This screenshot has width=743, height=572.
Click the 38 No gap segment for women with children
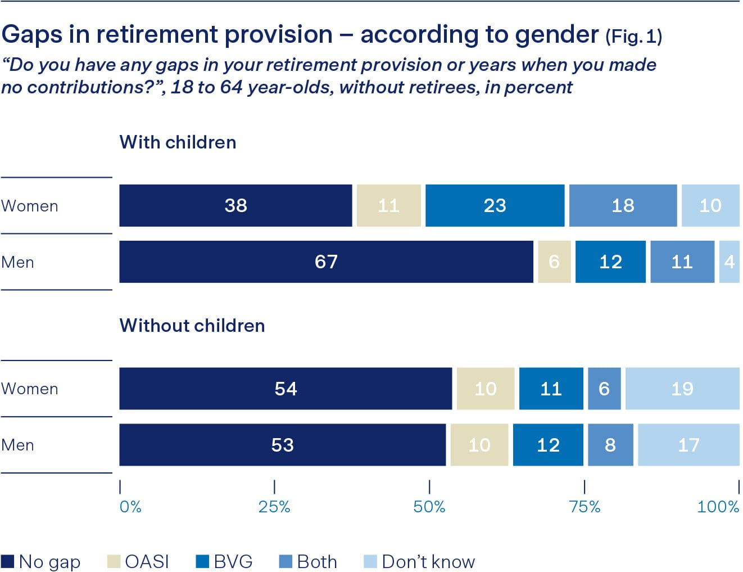point(235,206)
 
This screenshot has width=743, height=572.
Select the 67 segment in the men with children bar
point(326,262)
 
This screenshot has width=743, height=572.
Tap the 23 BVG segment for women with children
point(495,206)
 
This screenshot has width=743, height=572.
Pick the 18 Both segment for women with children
point(623,206)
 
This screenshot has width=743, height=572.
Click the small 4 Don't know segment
point(729,262)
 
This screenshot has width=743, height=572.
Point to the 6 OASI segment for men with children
point(554,262)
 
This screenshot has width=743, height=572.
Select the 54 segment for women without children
point(286,389)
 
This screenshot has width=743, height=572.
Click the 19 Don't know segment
point(682,389)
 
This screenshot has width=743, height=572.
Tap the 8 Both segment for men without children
point(610,445)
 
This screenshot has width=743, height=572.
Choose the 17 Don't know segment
point(688,445)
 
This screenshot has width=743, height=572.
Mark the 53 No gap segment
point(282,445)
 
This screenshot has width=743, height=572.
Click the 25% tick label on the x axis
point(274,507)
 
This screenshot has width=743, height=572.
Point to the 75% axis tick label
point(585,507)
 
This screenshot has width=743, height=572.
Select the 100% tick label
point(718,507)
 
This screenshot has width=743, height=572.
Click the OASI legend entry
point(138,561)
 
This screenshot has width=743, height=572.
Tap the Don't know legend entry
point(420,561)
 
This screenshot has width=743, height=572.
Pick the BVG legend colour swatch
point(202,561)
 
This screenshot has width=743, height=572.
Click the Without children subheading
point(192,326)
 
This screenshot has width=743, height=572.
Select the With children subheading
point(178,142)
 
